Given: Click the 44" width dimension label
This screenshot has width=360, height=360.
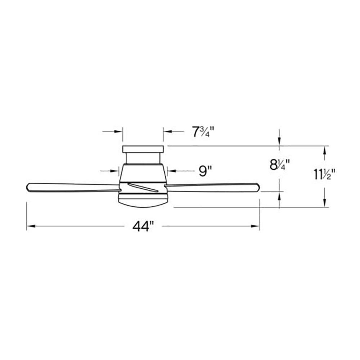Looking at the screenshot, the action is [143, 226].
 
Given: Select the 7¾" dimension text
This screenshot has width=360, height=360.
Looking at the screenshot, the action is [203, 132].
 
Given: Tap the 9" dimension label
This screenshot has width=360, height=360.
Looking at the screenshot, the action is [205, 171].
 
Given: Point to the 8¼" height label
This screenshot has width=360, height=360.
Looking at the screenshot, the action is [279, 165].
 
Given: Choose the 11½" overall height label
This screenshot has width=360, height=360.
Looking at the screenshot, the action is [324, 174].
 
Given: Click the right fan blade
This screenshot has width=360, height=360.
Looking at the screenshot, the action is [212, 187].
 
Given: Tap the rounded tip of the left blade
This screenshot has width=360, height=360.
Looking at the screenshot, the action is [27, 187].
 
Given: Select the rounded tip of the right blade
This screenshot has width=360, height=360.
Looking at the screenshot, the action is [259, 187].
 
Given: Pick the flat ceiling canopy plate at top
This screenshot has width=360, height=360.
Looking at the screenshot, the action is [143, 149].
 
